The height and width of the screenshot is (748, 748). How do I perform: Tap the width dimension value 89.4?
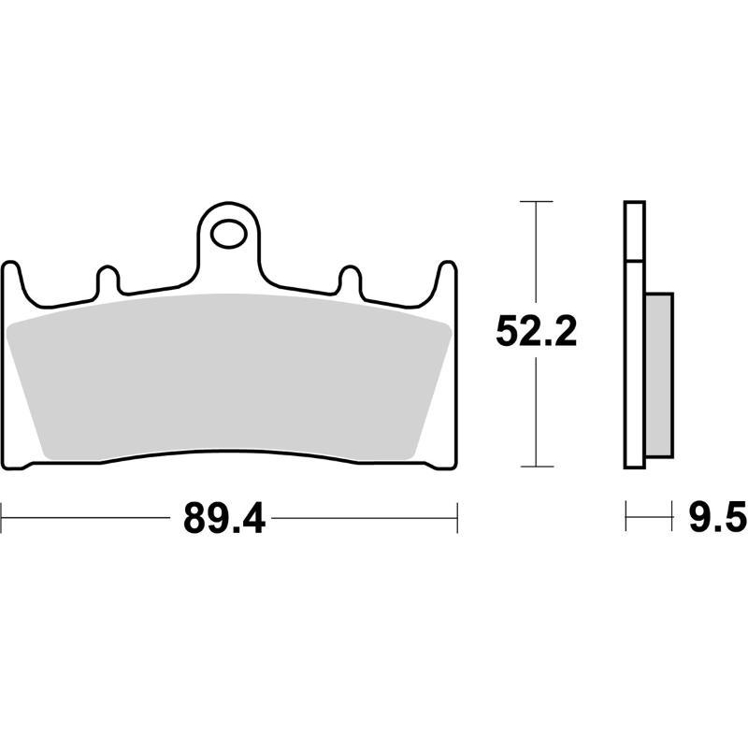(224, 518)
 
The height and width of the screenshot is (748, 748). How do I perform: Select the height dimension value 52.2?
(536, 332)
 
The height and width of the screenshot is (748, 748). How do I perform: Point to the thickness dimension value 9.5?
(716, 518)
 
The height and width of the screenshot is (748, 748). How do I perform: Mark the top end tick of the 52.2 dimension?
(536, 201)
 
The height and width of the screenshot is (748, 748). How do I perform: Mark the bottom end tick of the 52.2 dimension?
(536, 466)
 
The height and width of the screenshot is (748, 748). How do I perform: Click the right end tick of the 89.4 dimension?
(456, 517)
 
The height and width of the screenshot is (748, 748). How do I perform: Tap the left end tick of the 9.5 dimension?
(626, 516)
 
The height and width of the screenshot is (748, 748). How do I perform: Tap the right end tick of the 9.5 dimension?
(672, 516)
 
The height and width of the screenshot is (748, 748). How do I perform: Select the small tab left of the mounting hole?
(108, 280)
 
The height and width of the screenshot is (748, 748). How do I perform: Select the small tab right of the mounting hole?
(350, 280)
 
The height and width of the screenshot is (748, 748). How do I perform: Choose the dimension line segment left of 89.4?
(89, 517)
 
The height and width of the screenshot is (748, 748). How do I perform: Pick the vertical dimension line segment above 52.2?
(536, 252)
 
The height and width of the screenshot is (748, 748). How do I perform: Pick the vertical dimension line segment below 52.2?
(536, 411)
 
